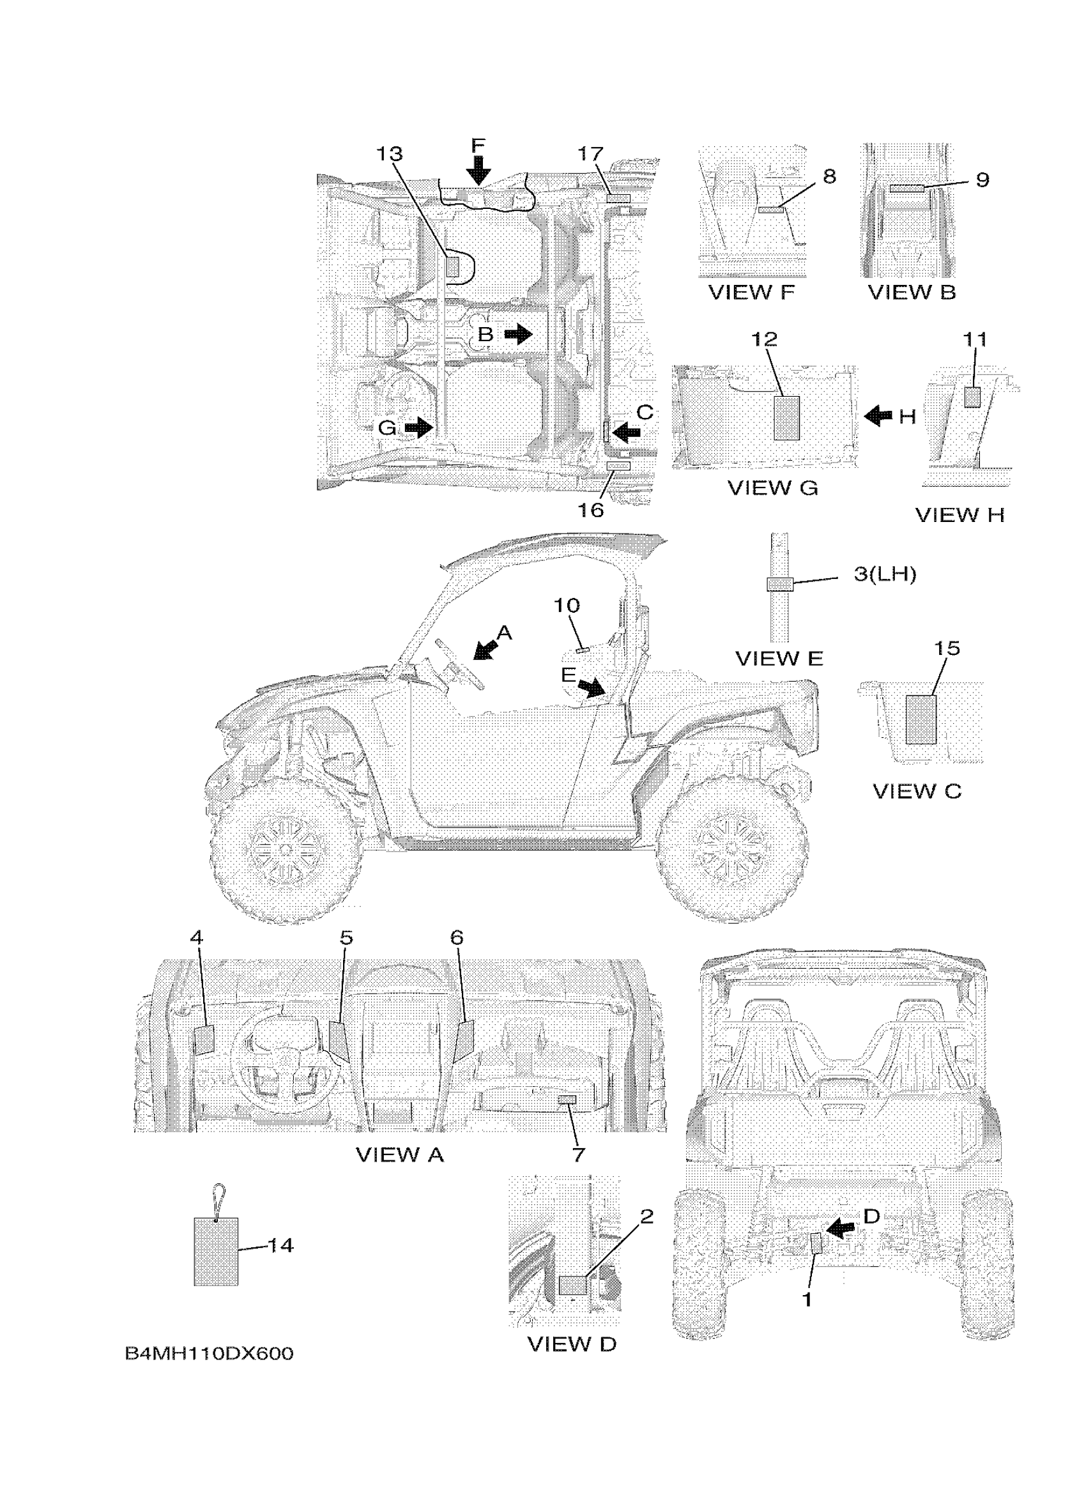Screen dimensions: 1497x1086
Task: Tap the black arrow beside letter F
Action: click(478, 169)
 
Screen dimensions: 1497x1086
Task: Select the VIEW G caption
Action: click(772, 487)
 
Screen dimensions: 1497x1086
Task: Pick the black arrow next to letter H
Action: click(878, 416)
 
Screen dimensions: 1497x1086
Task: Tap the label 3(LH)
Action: click(885, 574)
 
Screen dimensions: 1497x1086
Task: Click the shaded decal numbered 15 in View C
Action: click(921, 720)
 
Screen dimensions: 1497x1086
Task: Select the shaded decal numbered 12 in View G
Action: click(786, 418)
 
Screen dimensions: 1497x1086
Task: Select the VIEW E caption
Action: click(779, 659)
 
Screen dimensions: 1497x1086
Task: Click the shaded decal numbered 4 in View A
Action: click(204, 1039)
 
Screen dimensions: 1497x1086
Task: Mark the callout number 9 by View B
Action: click(983, 180)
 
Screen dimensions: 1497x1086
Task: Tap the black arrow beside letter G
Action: click(418, 428)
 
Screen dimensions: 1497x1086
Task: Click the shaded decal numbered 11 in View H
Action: click(972, 397)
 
